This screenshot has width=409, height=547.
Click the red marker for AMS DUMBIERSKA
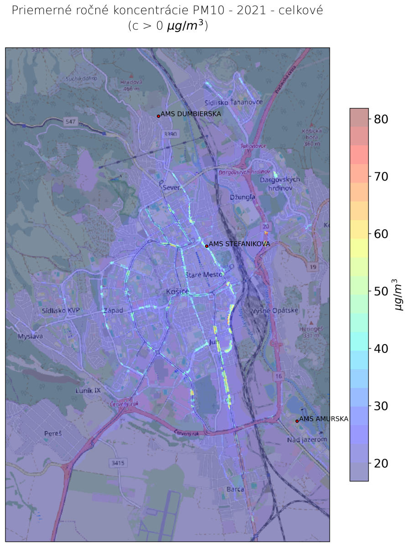click(x=158, y=116)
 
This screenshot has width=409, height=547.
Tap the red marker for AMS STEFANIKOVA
click(x=207, y=246)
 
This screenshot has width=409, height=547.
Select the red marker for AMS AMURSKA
click(x=297, y=421)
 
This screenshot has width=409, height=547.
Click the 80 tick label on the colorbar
click(x=381, y=119)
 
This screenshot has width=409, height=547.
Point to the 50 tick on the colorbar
click(x=381, y=291)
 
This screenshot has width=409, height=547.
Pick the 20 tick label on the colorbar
click(x=381, y=464)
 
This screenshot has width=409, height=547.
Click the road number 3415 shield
click(x=117, y=463)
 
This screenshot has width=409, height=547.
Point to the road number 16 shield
click(x=278, y=376)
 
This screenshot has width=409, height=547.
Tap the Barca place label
click(x=235, y=490)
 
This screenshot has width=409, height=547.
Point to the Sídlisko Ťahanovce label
click(x=233, y=102)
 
